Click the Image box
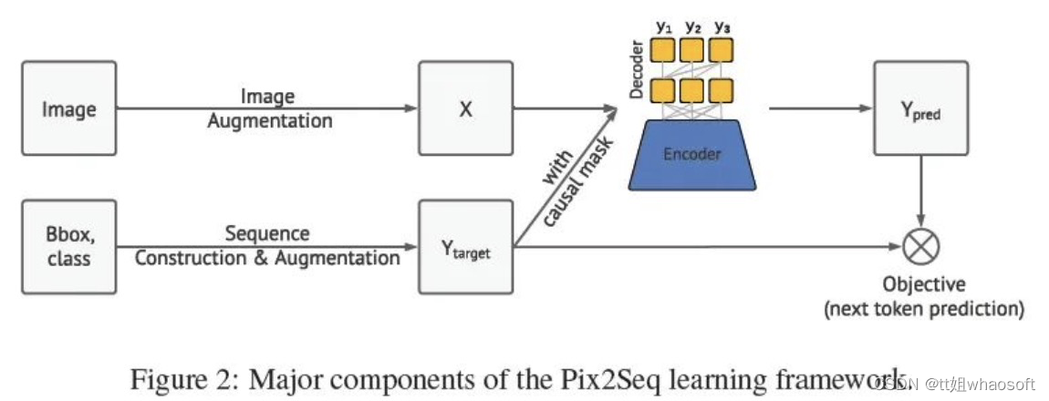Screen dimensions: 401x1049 pyautogui.click(x=69, y=108)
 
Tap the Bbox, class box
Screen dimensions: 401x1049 pyautogui.click(x=69, y=247)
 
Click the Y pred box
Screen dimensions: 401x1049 pyautogui.click(x=920, y=108)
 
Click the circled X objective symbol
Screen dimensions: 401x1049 pyautogui.click(x=920, y=246)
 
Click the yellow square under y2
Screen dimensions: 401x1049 pyautogui.click(x=693, y=48)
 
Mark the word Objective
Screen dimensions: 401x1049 pyautogui.click(x=924, y=284)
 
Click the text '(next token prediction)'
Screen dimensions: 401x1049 pyautogui.click(x=924, y=309)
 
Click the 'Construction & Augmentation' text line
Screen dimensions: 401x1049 pyautogui.click(x=267, y=259)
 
